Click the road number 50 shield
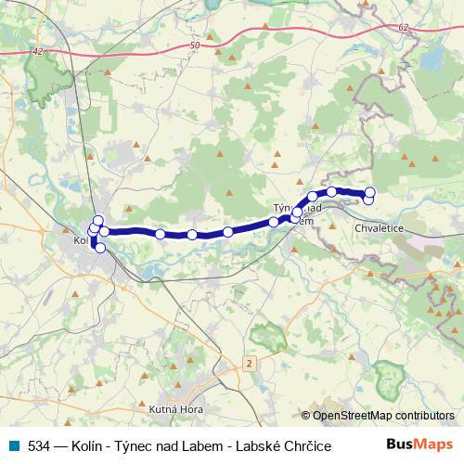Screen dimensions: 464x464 click(193, 45)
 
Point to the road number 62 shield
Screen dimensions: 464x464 click(401, 28)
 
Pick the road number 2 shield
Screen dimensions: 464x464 click(248, 362)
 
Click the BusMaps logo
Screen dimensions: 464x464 click(419, 445)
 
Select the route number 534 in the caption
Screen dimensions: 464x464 click(38, 445)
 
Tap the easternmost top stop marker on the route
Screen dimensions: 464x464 click(369, 193)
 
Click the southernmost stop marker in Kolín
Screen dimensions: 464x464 click(100, 248)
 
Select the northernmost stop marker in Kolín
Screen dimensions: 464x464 click(98, 220)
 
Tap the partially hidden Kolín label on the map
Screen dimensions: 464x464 click(79, 241)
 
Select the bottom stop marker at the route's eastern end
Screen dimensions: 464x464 click(368, 200)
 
